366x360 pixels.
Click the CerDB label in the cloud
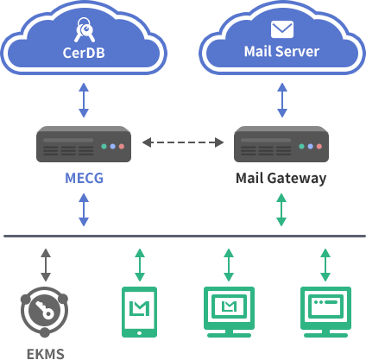click(x=84, y=53)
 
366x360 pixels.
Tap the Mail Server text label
click(x=281, y=52)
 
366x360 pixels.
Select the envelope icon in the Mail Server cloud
click(x=282, y=29)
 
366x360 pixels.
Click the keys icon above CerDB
click(x=85, y=29)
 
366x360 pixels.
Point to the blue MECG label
click(x=84, y=178)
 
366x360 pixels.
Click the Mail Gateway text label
click(x=281, y=178)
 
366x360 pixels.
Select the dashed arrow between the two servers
click(x=183, y=142)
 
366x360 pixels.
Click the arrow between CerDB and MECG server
click(x=84, y=100)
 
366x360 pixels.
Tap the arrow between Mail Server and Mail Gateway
click(x=282, y=100)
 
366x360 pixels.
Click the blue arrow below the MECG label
click(x=84, y=210)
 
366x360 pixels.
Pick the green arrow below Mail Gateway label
click(x=281, y=210)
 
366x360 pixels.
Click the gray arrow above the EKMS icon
click(x=46, y=265)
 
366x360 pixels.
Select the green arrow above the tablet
click(x=140, y=265)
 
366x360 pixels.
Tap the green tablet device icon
click(x=140, y=312)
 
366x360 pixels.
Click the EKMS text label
click(x=46, y=354)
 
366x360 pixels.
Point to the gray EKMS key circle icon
click(x=44, y=312)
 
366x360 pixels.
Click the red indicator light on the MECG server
click(x=122, y=147)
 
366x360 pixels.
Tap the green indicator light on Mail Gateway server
click(x=301, y=147)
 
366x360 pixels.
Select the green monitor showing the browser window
click(x=325, y=312)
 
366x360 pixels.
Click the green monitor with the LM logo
click(x=229, y=312)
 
